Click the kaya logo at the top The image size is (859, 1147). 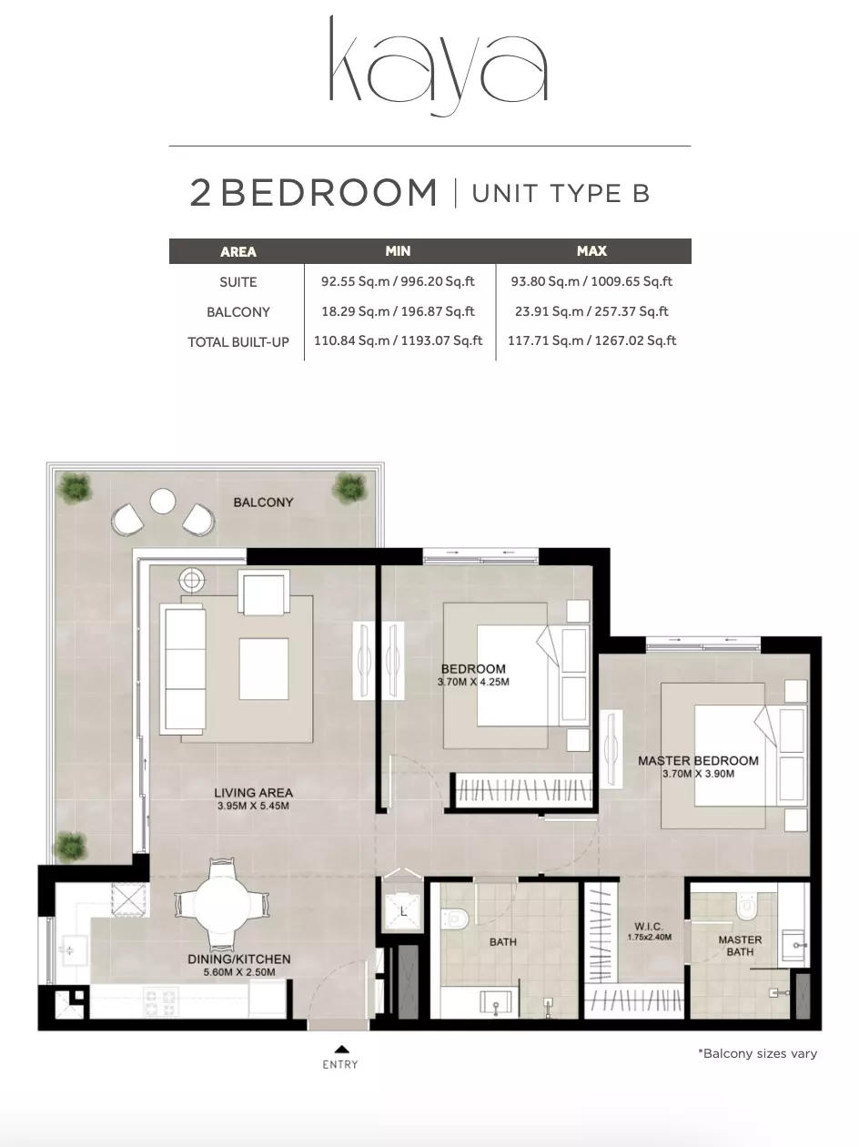(x=439, y=66)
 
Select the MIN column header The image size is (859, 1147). (x=398, y=251)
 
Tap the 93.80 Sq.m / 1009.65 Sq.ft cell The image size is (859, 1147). (x=591, y=281)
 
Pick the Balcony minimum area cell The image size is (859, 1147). (x=398, y=311)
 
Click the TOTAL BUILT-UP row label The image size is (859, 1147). (x=238, y=342)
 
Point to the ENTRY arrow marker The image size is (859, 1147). (x=341, y=1049)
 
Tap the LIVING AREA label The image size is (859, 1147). (x=253, y=793)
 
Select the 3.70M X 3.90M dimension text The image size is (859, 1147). (x=698, y=774)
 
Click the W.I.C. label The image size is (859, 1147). (x=649, y=927)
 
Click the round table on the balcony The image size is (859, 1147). (x=162, y=501)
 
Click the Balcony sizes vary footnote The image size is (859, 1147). (x=758, y=1053)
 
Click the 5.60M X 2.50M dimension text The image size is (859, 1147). (x=239, y=972)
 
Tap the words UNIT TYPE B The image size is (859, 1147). (x=561, y=193)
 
